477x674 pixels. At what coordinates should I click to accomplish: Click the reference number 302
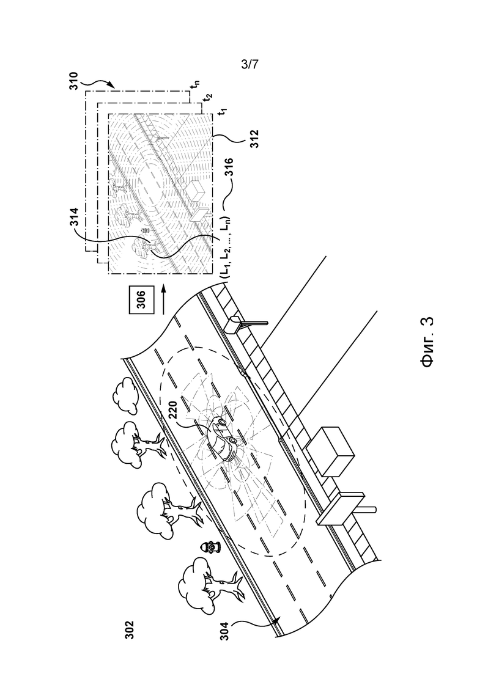(x=130, y=630)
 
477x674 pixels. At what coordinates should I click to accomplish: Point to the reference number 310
(x=74, y=81)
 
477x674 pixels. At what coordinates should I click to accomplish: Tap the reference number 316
(x=229, y=167)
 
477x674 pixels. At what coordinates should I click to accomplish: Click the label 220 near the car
(x=173, y=415)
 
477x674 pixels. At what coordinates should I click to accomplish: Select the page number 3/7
(x=250, y=65)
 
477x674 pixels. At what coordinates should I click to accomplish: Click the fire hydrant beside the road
(x=212, y=547)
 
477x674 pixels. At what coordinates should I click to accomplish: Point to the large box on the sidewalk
(x=330, y=452)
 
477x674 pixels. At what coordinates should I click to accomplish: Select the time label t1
(x=223, y=112)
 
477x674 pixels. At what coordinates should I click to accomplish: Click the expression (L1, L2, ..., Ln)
(x=226, y=247)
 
